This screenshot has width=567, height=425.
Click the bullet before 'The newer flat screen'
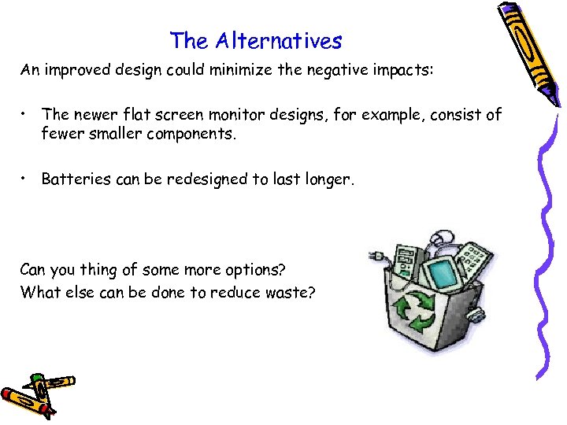point(25,115)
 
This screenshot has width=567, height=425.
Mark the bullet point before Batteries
point(25,179)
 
